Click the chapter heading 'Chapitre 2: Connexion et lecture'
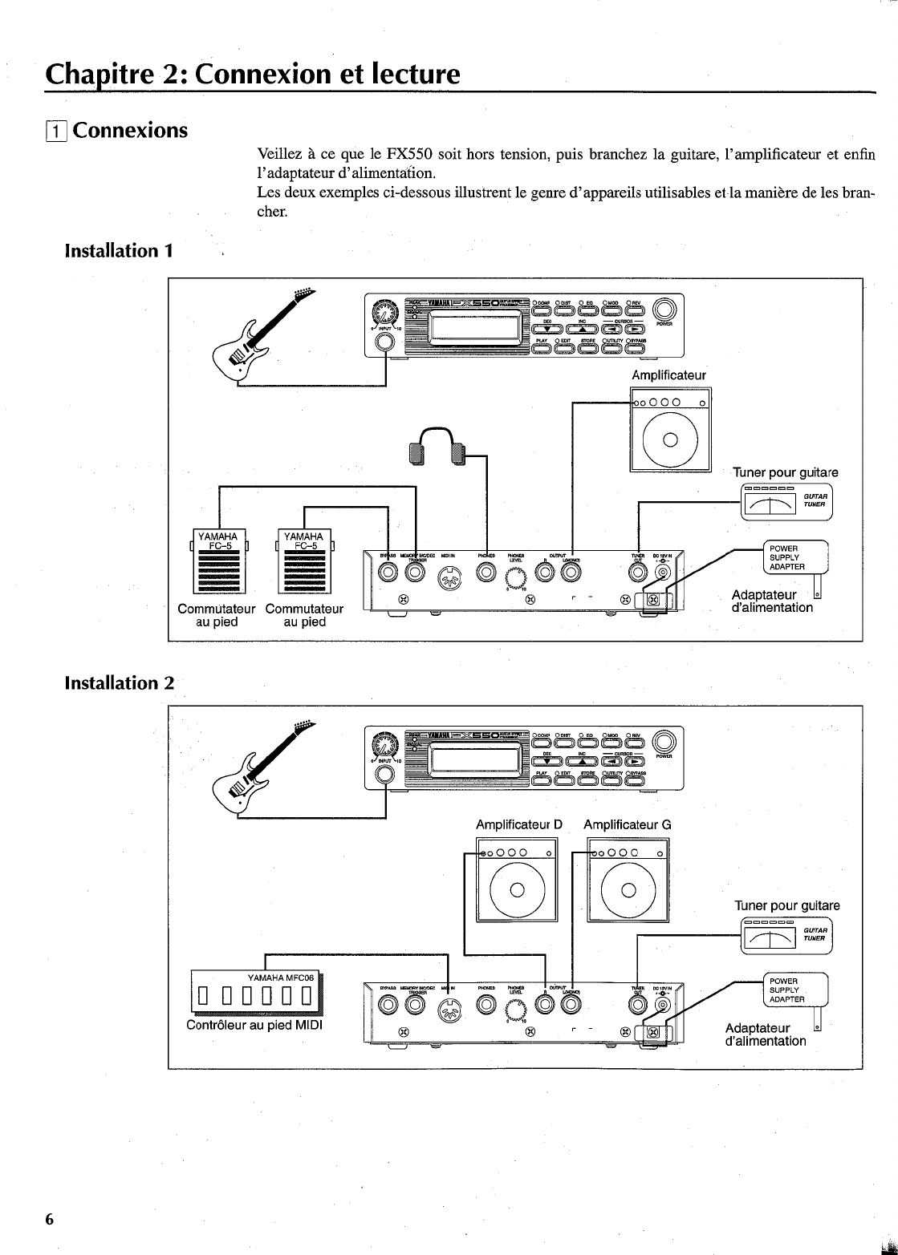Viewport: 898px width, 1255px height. click(253, 75)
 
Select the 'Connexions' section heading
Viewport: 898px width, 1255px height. click(130, 130)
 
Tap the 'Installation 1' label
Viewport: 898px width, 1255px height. click(119, 251)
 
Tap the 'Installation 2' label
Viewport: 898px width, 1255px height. click(119, 683)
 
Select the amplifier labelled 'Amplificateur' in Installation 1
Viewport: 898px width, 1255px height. click(671, 430)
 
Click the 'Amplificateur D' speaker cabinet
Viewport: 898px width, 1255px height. click(517, 879)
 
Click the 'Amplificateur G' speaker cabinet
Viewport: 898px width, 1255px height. click(628, 879)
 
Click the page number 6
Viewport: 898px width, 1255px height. click(49, 1219)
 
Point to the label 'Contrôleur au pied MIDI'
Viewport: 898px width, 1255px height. click(254, 1025)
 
